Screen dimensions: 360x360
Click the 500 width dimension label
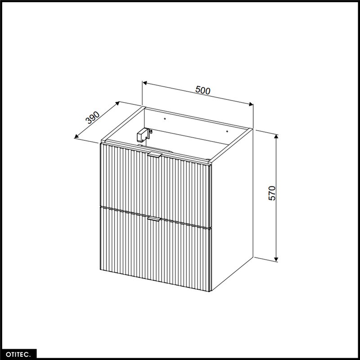(203, 90)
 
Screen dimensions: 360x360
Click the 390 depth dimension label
(93, 117)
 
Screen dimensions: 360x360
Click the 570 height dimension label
(272, 193)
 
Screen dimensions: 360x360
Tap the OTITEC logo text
(18, 354)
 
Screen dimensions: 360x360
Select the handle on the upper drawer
(155, 155)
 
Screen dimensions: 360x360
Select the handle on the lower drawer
(154, 219)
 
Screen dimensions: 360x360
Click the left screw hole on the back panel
(165, 119)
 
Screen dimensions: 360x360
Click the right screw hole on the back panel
(227, 131)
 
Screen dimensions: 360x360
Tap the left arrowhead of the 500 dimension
(144, 83)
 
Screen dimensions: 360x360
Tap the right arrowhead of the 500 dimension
(251, 104)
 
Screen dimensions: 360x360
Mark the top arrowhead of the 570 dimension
(276, 136)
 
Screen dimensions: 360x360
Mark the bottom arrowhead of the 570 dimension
(276, 260)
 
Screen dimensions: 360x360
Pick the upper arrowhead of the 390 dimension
(117, 103)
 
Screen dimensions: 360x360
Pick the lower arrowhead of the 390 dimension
(76, 137)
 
